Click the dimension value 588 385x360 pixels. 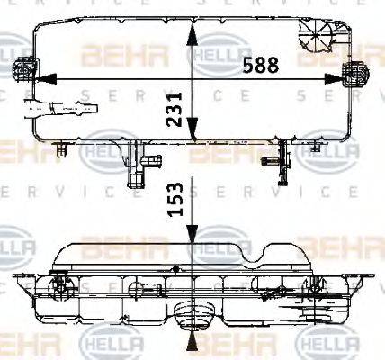click(x=261, y=65)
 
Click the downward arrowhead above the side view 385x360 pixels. click(x=191, y=236)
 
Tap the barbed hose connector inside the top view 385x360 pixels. click(x=58, y=112)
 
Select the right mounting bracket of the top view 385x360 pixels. click(x=357, y=72)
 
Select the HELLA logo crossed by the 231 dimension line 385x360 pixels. click(x=210, y=56)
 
